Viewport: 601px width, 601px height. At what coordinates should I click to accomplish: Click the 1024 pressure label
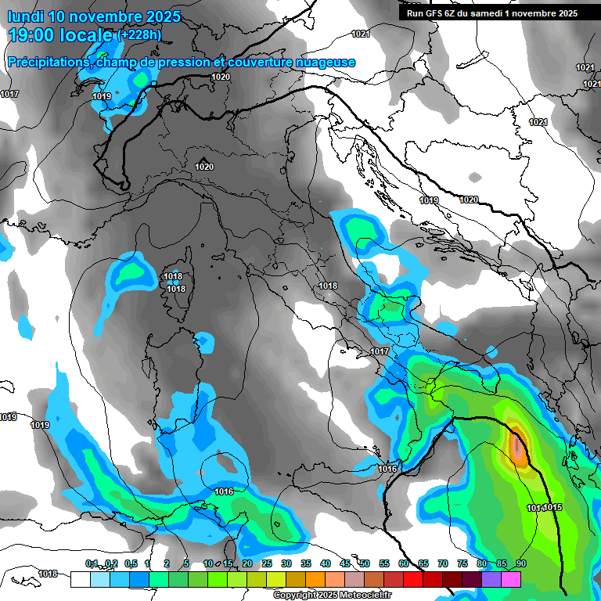[x=538, y=122]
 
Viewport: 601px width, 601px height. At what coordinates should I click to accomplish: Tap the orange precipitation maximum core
[x=518, y=446]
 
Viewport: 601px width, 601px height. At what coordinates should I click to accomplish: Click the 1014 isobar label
[x=535, y=508]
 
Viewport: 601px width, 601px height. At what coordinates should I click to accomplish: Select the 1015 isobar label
[x=553, y=508]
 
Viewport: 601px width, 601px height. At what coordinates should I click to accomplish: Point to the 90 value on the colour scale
[x=520, y=564]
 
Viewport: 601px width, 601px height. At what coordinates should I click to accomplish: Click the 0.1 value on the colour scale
[x=92, y=564]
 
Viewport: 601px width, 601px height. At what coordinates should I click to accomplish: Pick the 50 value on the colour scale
[x=365, y=564]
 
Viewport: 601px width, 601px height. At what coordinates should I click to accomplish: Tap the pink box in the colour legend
[x=511, y=579]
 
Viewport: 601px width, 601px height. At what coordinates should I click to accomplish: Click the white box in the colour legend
[x=80, y=579]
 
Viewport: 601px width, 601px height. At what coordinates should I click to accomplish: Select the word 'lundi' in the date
[x=25, y=16]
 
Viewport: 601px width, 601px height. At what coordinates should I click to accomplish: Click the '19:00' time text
[x=31, y=35]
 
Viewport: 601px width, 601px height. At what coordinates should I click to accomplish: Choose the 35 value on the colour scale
[x=306, y=564]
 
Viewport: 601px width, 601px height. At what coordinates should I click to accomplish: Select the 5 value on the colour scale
[x=186, y=564]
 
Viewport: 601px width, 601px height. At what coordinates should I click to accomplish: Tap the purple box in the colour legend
[x=491, y=579]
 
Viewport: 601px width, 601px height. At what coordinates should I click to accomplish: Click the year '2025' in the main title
[x=157, y=16]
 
